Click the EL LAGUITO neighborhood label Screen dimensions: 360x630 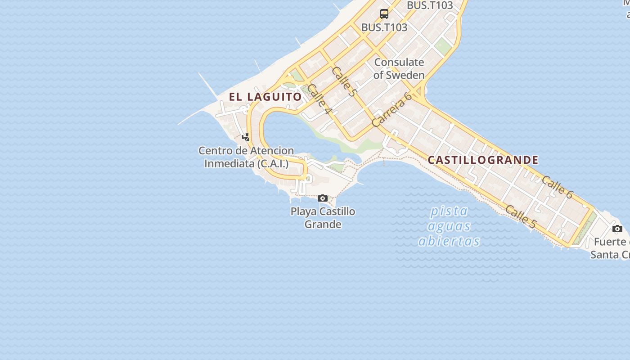pyautogui.click(x=265, y=97)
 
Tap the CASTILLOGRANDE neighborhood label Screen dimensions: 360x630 pyautogui.click(x=483, y=160)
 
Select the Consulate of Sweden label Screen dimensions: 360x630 pyautogui.click(x=399, y=68)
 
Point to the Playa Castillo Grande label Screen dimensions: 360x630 pyautogui.click(x=323, y=218)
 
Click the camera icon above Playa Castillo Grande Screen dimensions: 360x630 pyautogui.click(x=323, y=198)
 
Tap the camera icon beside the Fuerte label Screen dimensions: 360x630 pyautogui.click(x=617, y=229)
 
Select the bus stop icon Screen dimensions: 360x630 pyautogui.click(x=384, y=14)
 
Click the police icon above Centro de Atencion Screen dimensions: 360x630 pyautogui.click(x=246, y=137)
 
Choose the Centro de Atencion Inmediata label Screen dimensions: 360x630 pyautogui.click(x=246, y=157)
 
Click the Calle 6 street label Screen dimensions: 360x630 pyautogui.click(x=557, y=187)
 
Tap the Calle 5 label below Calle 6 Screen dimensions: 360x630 pyautogui.click(x=521, y=216)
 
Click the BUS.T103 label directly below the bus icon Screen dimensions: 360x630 pyautogui.click(x=384, y=27)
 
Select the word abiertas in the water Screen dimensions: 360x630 pyautogui.click(x=449, y=241)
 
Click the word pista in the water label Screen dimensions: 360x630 pyautogui.click(x=449, y=211)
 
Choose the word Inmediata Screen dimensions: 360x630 pyautogui.click(x=229, y=163)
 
